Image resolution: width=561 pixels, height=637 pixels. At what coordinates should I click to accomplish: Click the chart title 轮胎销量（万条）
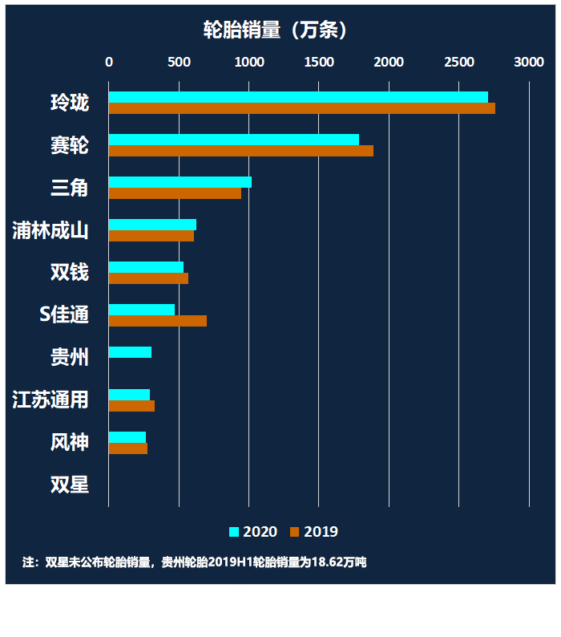pyautogui.click(x=275, y=30)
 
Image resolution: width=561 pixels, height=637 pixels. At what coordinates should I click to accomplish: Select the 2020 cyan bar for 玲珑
pyautogui.click(x=298, y=97)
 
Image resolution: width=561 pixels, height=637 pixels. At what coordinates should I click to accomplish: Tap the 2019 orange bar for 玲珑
pyautogui.click(x=301, y=108)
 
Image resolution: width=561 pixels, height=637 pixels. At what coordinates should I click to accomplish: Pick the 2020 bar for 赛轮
pyautogui.click(x=233, y=140)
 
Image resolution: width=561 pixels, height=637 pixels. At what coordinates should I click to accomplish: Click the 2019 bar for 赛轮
pyautogui.click(x=240, y=151)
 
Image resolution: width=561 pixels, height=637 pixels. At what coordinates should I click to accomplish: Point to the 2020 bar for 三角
pyautogui.click(x=180, y=182)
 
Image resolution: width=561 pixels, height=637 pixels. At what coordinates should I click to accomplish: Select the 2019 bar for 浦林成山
pyautogui.click(x=151, y=236)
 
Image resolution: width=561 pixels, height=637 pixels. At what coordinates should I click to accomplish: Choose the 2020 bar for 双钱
pyautogui.click(x=146, y=267)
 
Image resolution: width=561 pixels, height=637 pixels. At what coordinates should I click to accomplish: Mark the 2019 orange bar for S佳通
pyautogui.click(x=157, y=321)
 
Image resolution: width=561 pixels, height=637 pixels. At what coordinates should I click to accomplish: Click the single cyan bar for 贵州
pyautogui.click(x=130, y=352)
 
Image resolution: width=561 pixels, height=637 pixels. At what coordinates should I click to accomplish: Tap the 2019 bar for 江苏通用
pyautogui.click(x=131, y=406)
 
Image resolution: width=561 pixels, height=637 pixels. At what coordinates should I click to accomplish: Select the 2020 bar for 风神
pyautogui.click(x=127, y=437)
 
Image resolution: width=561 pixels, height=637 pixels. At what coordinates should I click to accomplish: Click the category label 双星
pyautogui.click(x=70, y=485)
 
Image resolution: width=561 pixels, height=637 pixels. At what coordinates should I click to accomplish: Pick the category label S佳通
pyautogui.click(x=64, y=314)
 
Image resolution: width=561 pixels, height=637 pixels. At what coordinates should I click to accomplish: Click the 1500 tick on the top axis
pyautogui.click(x=319, y=62)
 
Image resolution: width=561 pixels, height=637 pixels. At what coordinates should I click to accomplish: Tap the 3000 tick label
pyautogui.click(x=529, y=62)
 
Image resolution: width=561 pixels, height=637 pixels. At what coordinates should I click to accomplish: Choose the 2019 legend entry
pyautogui.click(x=314, y=532)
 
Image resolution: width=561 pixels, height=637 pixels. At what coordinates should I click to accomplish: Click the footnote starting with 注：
pyautogui.click(x=194, y=562)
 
